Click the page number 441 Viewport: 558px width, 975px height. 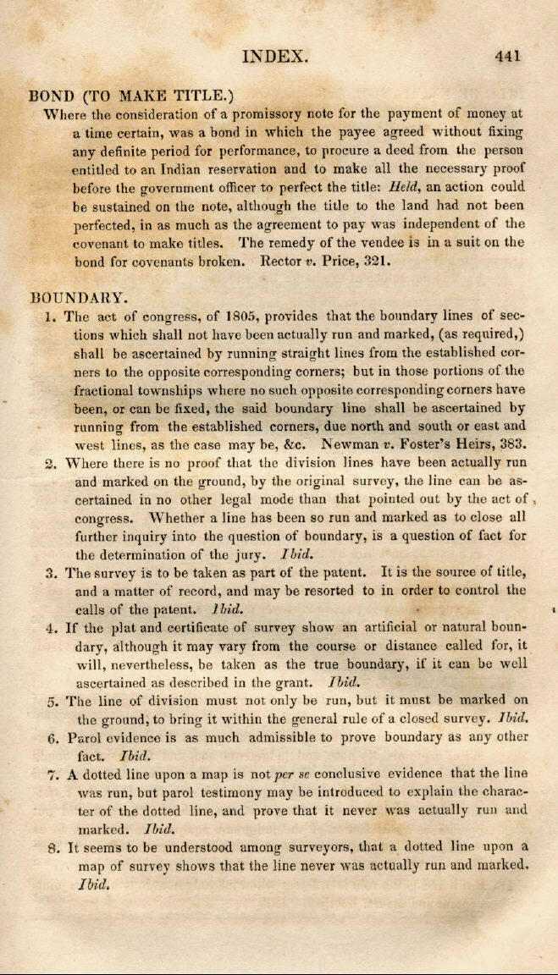tap(508, 57)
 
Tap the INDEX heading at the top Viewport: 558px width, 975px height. tap(274, 57)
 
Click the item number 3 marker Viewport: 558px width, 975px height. tap(51, 573)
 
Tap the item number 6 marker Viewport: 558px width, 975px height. tap(52, 737)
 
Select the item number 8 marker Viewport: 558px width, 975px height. tap(52, 847)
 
